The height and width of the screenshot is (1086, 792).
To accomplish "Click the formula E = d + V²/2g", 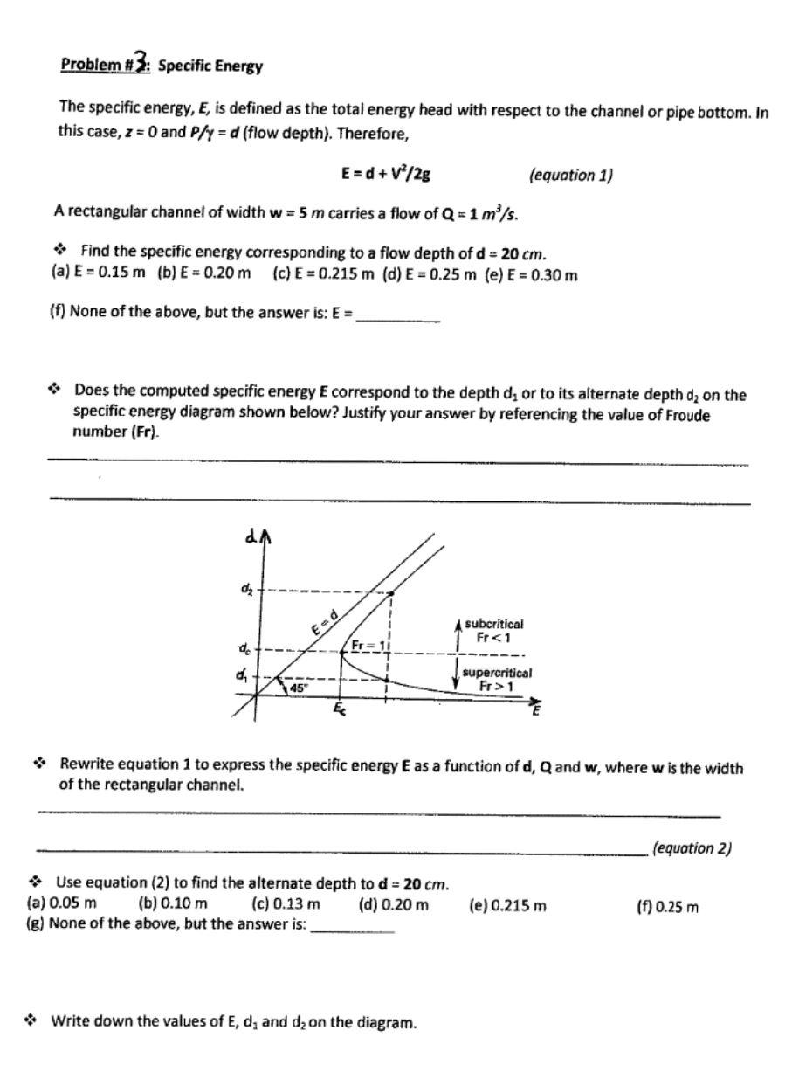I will (385, 174).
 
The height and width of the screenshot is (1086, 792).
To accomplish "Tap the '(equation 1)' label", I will (571, 175).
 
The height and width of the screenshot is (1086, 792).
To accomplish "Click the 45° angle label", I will (300, 688).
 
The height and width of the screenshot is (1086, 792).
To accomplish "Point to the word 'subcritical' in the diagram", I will (493, 624).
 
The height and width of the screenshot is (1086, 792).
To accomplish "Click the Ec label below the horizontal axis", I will (339, 712).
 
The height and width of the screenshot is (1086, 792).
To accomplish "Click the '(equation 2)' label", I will (692, 847).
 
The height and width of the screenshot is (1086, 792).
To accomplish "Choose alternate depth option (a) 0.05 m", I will (61, 905).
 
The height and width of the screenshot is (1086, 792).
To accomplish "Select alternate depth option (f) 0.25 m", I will (668, 906).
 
